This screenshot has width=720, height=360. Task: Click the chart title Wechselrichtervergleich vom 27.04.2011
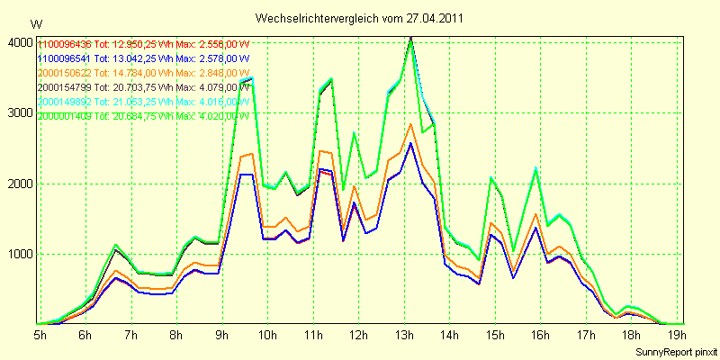(360, 18)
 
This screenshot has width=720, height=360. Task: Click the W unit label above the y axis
(35, 24)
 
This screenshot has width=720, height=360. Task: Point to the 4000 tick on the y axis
(18, 42)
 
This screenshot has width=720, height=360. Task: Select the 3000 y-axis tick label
(18, 112)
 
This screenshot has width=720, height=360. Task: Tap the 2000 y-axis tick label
(18, 184)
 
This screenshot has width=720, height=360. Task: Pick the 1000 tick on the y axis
(18, 254)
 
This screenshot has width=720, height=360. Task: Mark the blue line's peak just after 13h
(410, 143)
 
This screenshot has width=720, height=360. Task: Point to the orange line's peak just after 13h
(410, 124)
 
